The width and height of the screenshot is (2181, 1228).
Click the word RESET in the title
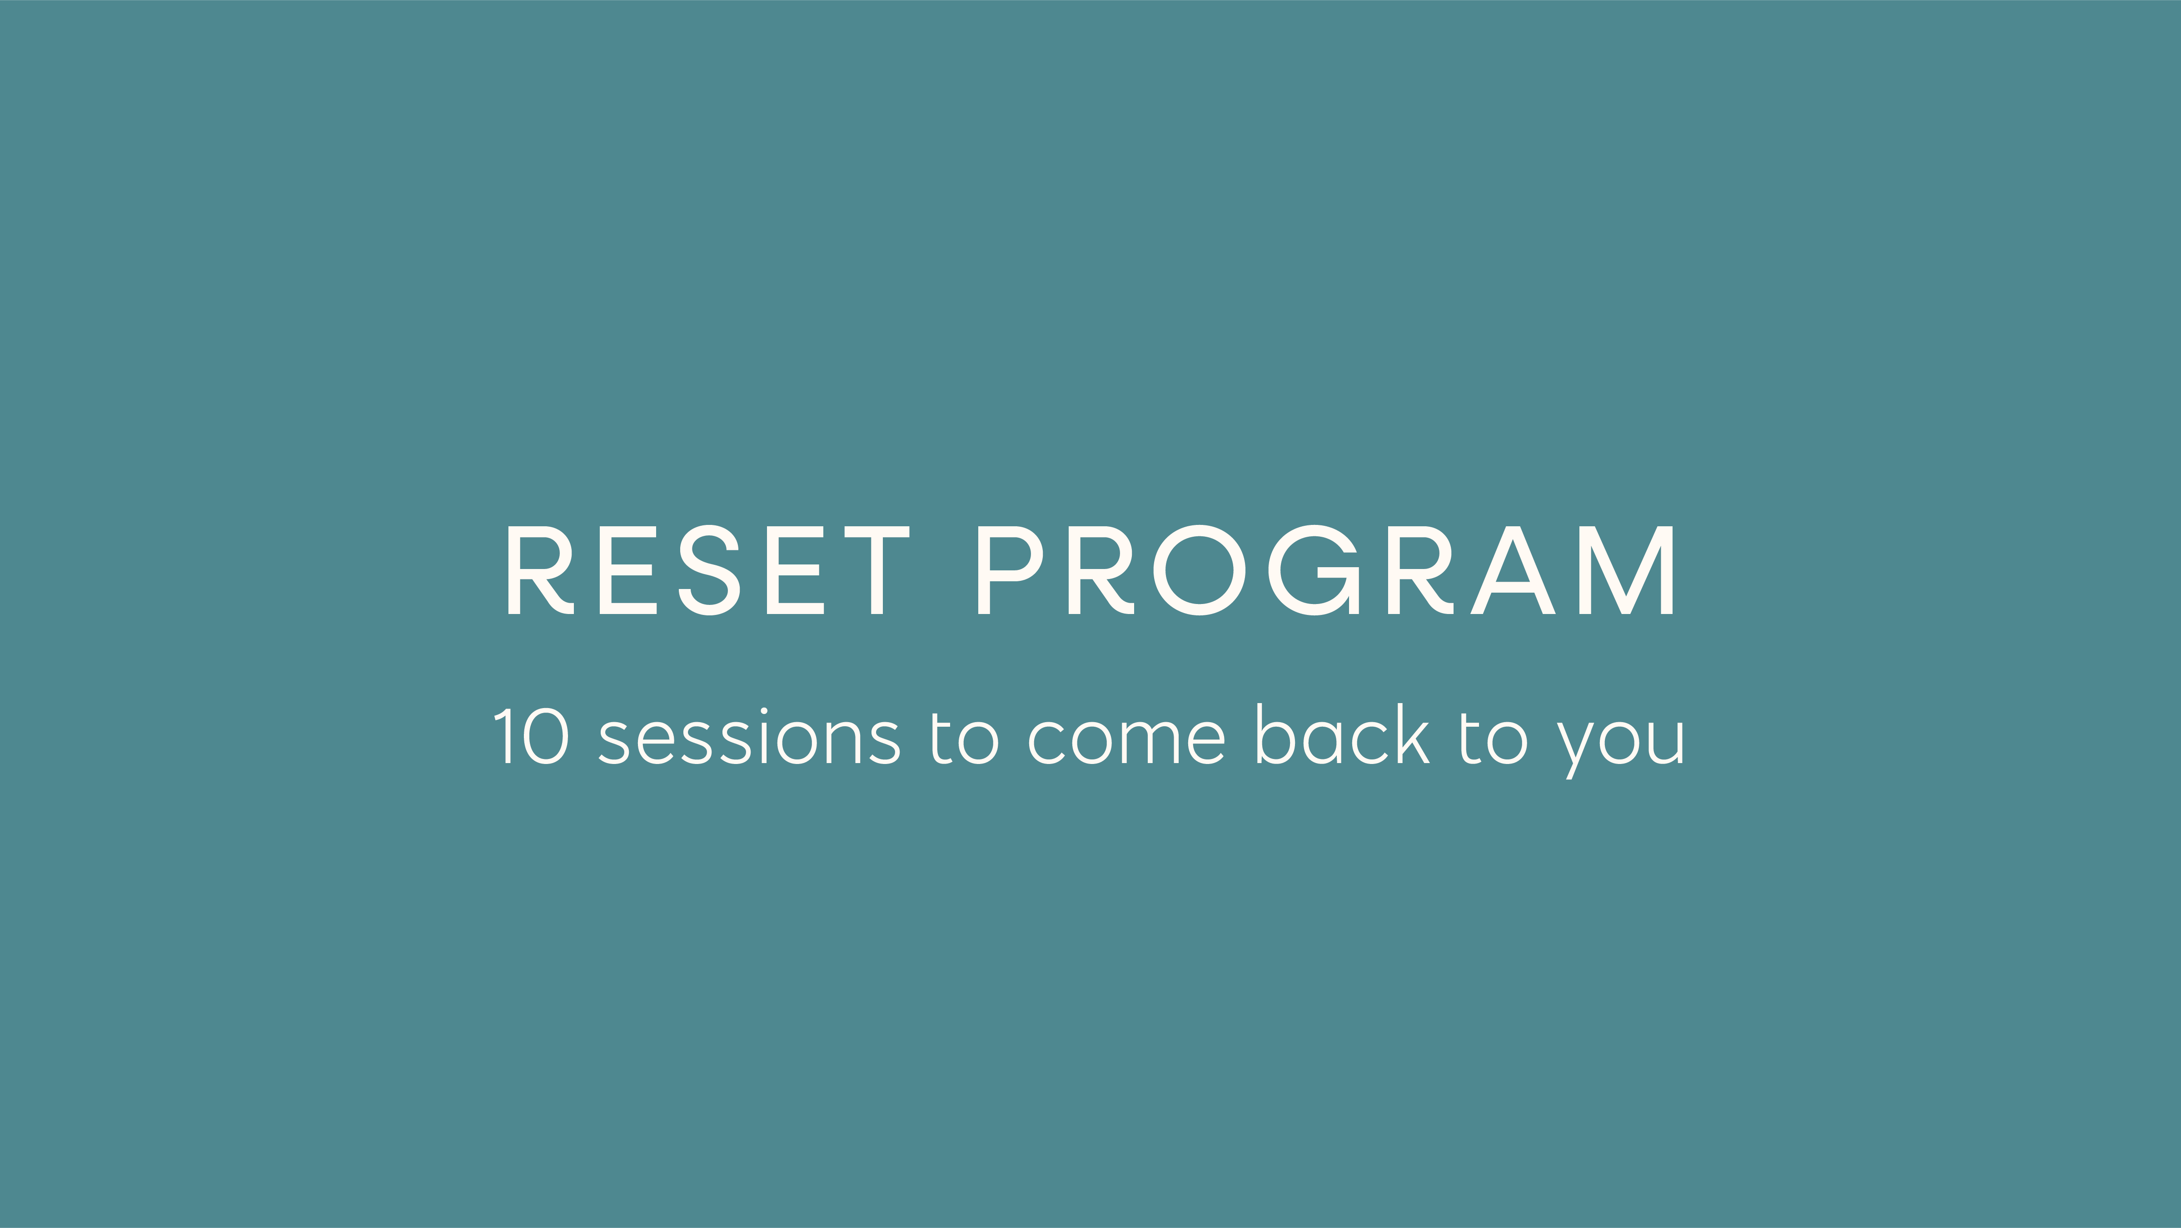708,570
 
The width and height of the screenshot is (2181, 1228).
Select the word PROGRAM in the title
1326,570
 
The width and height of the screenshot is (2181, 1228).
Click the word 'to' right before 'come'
965,739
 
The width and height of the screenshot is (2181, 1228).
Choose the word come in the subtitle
1126,742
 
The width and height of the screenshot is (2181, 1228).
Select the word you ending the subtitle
1621,745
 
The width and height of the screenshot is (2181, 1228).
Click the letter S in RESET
709,570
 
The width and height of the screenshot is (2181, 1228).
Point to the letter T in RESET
877,570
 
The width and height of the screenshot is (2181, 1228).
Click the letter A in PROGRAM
1513,570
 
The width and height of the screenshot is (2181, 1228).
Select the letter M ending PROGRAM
1626,570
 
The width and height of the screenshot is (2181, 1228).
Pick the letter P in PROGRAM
1007,570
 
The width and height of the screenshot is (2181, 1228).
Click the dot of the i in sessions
764,711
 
